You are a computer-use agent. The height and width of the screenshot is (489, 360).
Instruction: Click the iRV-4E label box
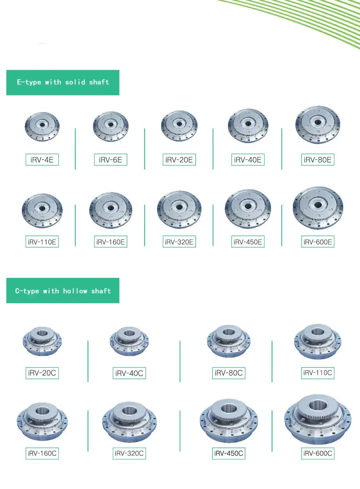point(42,160)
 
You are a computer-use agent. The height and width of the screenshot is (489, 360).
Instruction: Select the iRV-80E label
point(318,160)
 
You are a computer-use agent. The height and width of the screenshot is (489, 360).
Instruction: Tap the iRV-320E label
point(179,241)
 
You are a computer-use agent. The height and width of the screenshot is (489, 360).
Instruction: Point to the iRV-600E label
point(318,241)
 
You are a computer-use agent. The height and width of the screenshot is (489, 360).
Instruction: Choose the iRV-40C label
point(129,373)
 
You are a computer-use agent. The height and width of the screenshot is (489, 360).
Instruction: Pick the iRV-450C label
point(229,454)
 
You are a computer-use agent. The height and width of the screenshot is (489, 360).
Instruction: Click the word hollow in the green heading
point(75,291)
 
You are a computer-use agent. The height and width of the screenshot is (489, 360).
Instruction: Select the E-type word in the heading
point(29,82)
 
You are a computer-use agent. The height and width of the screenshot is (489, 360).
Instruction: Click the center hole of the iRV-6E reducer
point(111,125)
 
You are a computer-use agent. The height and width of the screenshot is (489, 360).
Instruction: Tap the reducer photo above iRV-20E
point(179,126)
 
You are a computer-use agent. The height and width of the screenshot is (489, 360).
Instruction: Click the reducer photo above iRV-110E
point(42,210)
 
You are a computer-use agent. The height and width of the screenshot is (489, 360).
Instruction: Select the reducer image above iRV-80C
point(229,342)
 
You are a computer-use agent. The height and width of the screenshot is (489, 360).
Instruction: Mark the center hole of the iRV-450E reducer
point(248,206)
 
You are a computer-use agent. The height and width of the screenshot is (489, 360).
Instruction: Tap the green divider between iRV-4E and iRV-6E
point(75,149)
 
